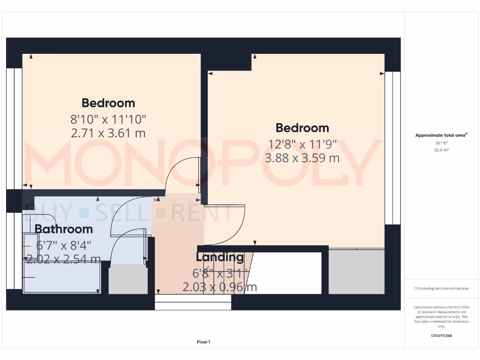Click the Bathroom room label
[63, 229]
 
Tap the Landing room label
[219, 257]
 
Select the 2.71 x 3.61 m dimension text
[108, 133]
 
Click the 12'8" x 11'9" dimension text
[302, 144]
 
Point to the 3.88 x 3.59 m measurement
[302, 158]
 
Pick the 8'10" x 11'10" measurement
[108, 119]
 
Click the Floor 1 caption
[203, 342]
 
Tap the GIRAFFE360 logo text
[442, 336]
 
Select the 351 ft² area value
[442, 143]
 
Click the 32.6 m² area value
[442, 150]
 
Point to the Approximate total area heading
[442, 135]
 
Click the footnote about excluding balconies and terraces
[442, 288]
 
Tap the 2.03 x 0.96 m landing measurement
[219, 287]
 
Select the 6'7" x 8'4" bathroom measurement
[64, 245]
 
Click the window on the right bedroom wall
[392, 148]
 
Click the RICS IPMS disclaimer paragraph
[442, 316]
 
